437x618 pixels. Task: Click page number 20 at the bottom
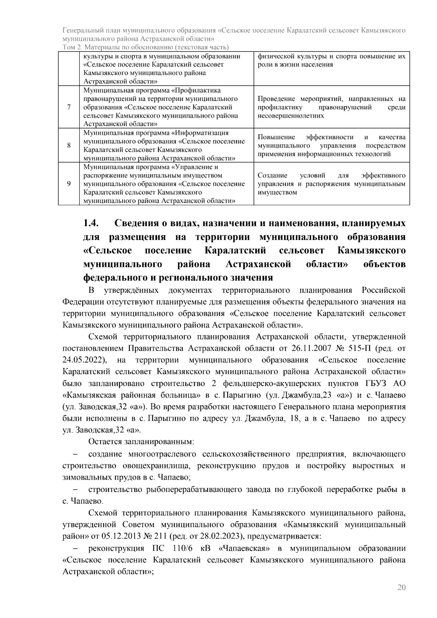(402, 587)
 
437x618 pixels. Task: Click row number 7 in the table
(69, 107)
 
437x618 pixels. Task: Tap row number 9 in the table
(69, 184)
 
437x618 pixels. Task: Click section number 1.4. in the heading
(91, 223)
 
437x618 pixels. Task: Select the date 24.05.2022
(84, 360)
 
